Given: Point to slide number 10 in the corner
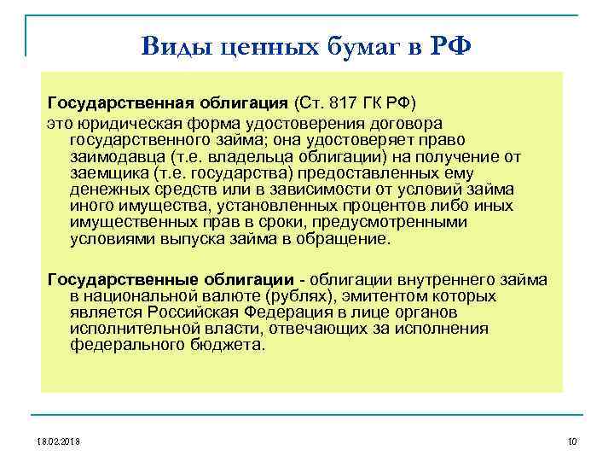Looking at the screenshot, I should tap(571, 441).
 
